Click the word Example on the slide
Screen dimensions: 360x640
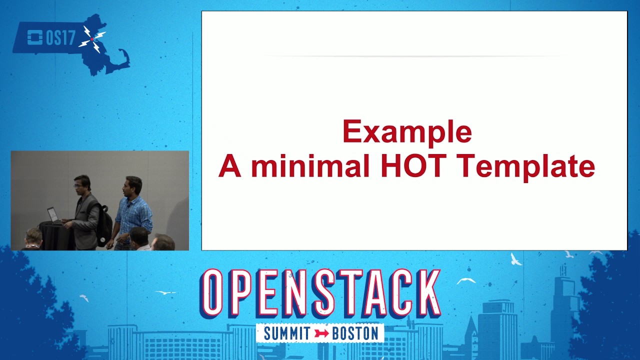pos(407,132)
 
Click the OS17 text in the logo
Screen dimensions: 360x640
pos(60,38)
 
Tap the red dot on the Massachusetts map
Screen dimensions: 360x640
pos(91,39)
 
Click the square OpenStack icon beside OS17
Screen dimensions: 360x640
pos(34,38)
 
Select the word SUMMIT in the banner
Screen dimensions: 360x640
pos(287,333)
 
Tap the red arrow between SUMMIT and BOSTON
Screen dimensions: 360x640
pos(321,333)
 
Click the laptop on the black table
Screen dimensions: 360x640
pos(52,215)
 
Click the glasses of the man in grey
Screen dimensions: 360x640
pos(78,186)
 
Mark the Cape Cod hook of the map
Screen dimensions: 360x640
pos(123,58)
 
